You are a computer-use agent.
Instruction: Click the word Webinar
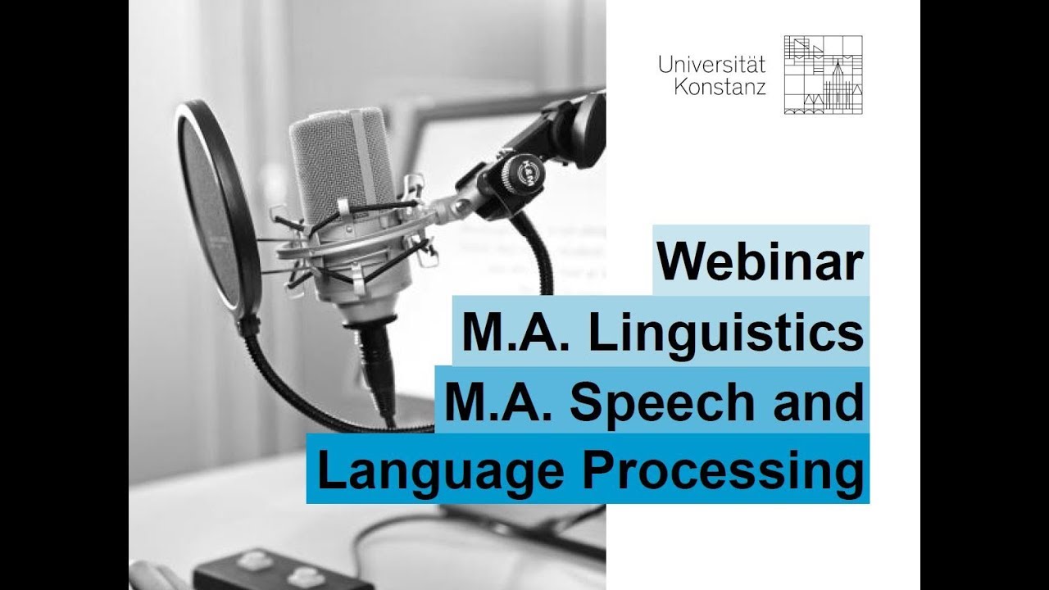pos(761,261)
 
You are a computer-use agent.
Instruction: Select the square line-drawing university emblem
pos(823,75)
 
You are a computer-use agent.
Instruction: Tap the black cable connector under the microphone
pos(378,361)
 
